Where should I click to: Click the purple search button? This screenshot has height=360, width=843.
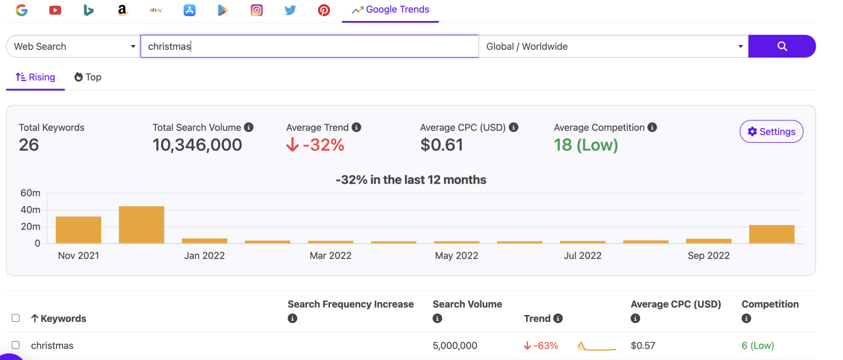(781, 46)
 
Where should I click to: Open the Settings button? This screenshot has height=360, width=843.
(771, 131)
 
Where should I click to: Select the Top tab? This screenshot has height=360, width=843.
(88, 77)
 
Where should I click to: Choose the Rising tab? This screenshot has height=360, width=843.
(36, 77)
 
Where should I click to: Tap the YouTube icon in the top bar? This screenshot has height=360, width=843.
(55, 10)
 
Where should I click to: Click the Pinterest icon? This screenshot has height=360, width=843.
(324, 10)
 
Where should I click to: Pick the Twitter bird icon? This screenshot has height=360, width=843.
(290, 10)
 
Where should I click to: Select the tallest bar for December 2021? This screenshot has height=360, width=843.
(141, 224)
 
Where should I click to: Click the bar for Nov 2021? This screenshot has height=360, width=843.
(78, 230)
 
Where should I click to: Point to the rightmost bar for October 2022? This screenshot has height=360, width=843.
(771, 234)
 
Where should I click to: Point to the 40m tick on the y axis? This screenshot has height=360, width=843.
(30, 210)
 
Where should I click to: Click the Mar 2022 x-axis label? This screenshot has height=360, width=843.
(331, 255)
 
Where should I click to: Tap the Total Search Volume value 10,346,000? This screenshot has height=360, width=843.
(197, 145)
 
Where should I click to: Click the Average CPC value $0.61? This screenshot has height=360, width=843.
(441, 145)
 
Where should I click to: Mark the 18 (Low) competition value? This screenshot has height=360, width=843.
(586, 145)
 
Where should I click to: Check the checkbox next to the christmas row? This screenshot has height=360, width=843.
(16, 345)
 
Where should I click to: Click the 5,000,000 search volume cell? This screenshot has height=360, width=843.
(455, 345)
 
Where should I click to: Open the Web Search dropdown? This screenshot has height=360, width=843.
(73, 46)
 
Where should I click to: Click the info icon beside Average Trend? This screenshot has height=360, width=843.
(356, 127)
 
